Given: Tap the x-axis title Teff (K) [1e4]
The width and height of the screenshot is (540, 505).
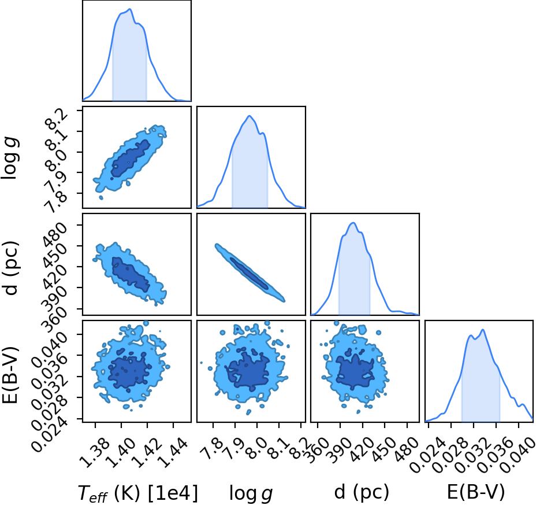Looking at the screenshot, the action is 138,493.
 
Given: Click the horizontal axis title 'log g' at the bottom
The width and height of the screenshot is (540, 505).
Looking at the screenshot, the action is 251,493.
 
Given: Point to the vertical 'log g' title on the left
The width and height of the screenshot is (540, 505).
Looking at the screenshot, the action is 10,158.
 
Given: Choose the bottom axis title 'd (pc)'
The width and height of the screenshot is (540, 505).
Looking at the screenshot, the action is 362,492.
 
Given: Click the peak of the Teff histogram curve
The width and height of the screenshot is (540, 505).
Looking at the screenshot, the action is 129,9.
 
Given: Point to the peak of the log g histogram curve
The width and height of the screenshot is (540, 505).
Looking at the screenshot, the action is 249,116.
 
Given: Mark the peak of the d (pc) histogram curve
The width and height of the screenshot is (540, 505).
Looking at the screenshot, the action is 353,223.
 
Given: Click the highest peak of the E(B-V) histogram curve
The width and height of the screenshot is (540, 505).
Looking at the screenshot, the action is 483,330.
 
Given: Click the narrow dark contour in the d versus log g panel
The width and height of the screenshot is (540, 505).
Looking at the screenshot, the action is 249,273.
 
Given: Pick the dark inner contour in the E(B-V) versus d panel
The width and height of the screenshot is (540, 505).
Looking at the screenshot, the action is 355,371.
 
